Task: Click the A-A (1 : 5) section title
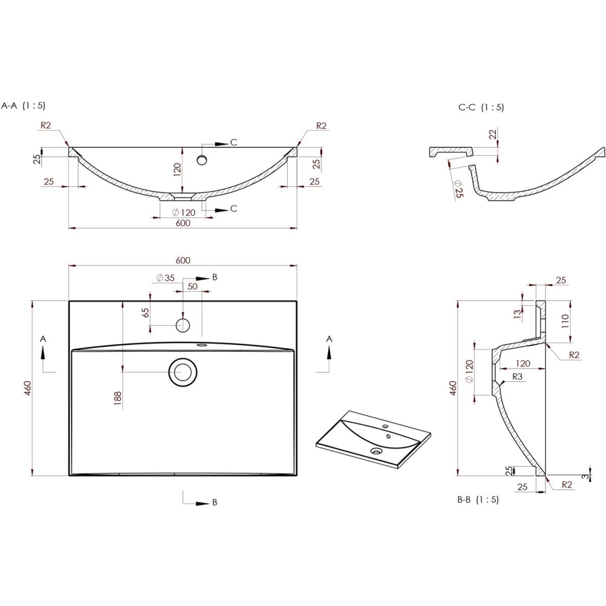[24, 106]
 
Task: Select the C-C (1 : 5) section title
[481, 108]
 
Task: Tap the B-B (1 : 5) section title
[478, 499]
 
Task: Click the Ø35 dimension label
[166, 278]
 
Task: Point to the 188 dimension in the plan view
[118, 398]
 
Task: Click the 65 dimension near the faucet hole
[145, 313]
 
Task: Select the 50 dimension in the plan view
[192, 286]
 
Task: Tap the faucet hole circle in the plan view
[183, 325]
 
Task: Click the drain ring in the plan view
[183, 372]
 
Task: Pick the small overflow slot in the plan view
[201, 345]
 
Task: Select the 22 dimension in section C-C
[493, 134]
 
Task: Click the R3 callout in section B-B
[517, 376]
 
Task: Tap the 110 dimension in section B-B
[565, 321]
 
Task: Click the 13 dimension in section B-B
[517, 314]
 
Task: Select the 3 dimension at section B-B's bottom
[585, 476]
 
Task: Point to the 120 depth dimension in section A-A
[178, 170]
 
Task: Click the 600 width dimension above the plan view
[183, 260]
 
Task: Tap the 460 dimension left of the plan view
[28, 388]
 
